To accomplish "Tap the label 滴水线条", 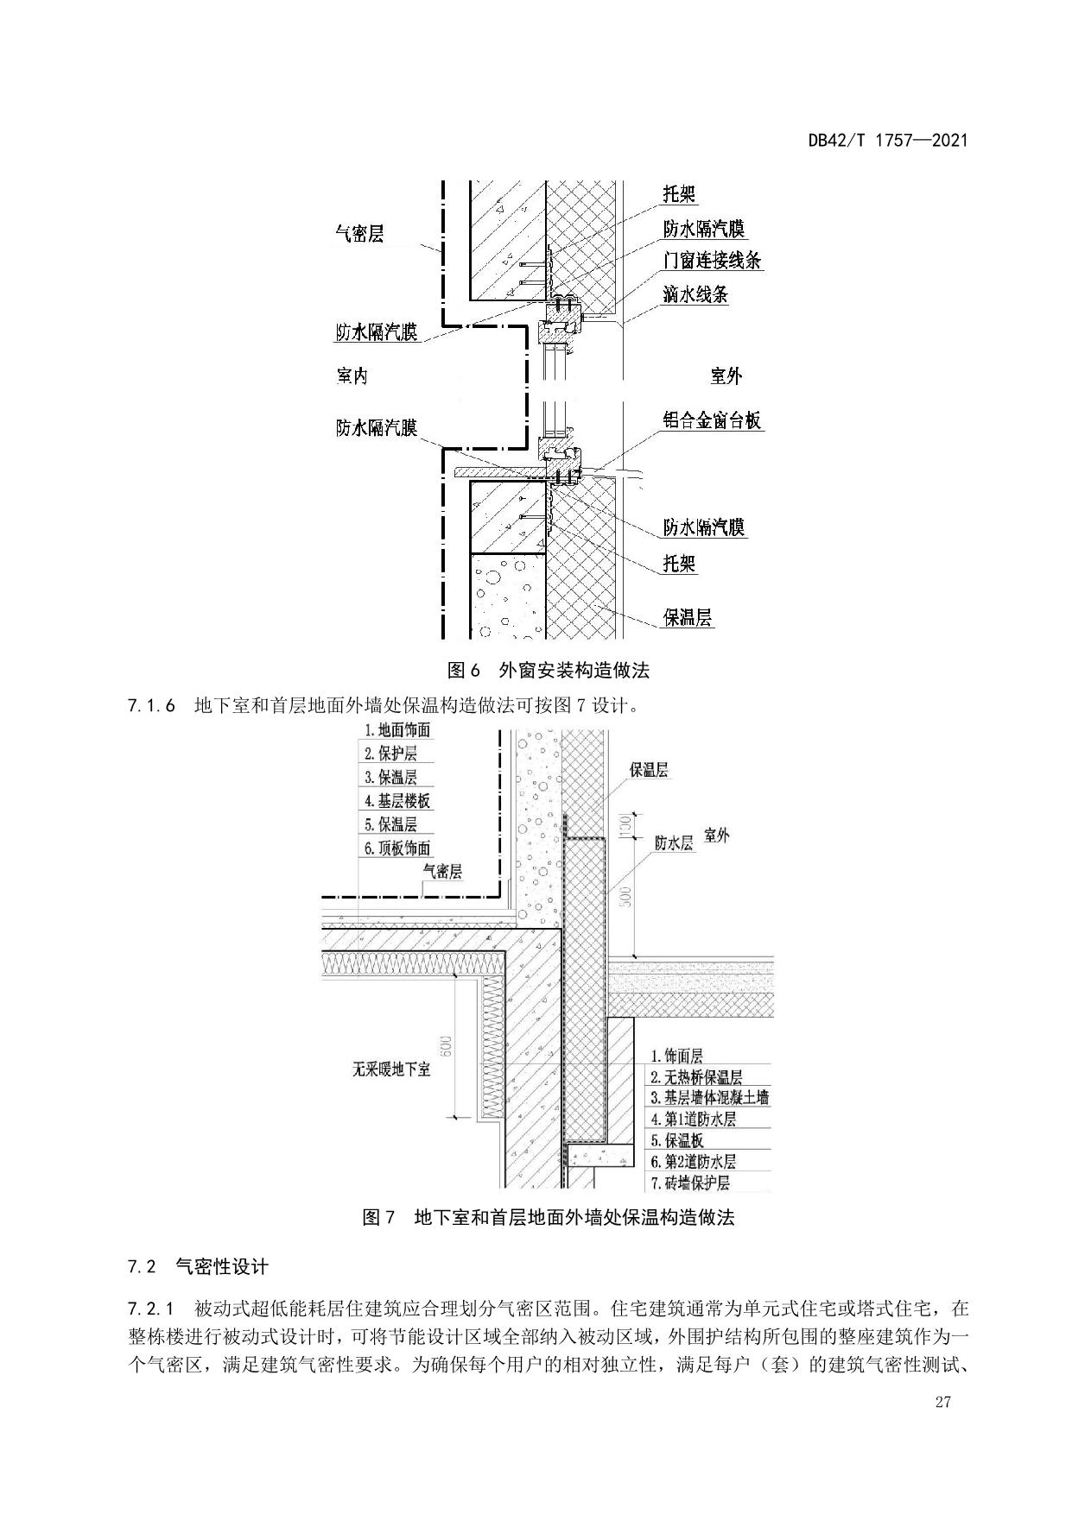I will point(695,294).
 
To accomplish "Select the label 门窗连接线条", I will point(712,261).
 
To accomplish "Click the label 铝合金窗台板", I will point(712,420).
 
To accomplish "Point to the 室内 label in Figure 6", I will point(352,375).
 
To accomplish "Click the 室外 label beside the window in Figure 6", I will point(726,375).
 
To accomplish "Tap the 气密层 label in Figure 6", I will point(359,233).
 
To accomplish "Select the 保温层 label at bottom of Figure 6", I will point(688,617).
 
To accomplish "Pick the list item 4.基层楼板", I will point(397,801).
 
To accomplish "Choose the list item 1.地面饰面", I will point(397,730).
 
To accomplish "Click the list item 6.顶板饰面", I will point(397,848).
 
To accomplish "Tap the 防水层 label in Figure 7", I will point(674,843).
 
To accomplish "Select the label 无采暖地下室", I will point(391,1069).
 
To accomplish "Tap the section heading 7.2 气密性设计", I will point(198,1267).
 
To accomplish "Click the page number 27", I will point(942,1402).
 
